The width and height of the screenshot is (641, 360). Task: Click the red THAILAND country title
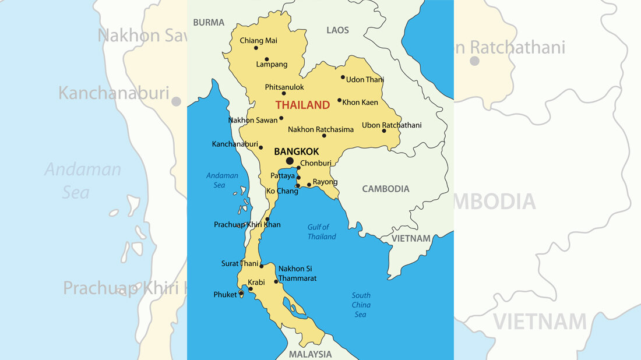point(302,105)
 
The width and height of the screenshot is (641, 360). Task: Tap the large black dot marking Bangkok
point(290,161)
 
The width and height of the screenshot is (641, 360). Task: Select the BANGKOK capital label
point(297,151)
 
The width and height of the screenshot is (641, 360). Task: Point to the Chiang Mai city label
point(258,41)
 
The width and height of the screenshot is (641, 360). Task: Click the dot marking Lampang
point(267,59)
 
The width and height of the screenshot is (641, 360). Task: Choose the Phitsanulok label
point(284,87)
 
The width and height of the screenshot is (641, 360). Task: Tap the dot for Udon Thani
point(343,77)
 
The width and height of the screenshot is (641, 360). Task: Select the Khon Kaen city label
point(360,103)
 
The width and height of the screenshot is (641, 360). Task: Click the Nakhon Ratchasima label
point(320,129)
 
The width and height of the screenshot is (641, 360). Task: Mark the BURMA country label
point(209,23)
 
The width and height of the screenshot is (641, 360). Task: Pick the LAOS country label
point(337,30)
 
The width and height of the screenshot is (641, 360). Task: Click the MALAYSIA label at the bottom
point(310,354)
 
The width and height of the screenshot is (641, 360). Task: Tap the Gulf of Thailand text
point(322,232)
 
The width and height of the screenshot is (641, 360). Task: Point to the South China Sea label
point(361,305)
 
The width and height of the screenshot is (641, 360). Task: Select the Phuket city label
point(225,295)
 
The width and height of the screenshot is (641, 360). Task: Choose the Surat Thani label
point(240,263)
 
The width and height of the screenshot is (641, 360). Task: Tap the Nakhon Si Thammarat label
point(297,273)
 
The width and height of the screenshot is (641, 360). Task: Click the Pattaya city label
point(283,175)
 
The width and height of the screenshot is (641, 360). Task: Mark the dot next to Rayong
point(309,185)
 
